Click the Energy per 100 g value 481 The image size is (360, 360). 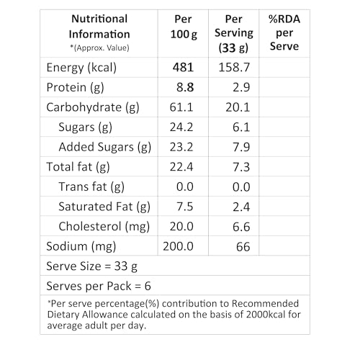click(x=183, y=68)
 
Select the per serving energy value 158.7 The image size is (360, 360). click(x=234, y=68)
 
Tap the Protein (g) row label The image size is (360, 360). click(x=75, y=88)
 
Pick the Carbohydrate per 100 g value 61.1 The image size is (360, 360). click(x=181, y=107)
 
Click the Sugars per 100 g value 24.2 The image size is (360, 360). click(x=181, y=127)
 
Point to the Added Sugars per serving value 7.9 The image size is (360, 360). click(x=241, y=147)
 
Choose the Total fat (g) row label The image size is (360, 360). click(x=78, y=167)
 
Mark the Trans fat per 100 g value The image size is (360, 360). click(x=185, y=186)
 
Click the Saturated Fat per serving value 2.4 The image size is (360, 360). click(x=241, y=207)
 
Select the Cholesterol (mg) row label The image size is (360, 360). click(x=104, y=227)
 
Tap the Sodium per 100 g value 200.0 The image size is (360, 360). click(x=178, y=246)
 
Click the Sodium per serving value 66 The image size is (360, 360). click(x=243, y=247)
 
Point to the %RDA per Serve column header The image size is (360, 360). click(x=284, y=32)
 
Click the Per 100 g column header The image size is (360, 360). click(x=184, y=27)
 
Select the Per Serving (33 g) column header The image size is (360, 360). click(x=234, y=33)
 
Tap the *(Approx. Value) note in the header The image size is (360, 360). click(x=99, y=48)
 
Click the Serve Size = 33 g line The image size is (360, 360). click(x=91, y=266)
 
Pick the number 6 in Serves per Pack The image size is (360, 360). click(x=148, y=286)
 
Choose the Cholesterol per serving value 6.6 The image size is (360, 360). click(x=241, y=227)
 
